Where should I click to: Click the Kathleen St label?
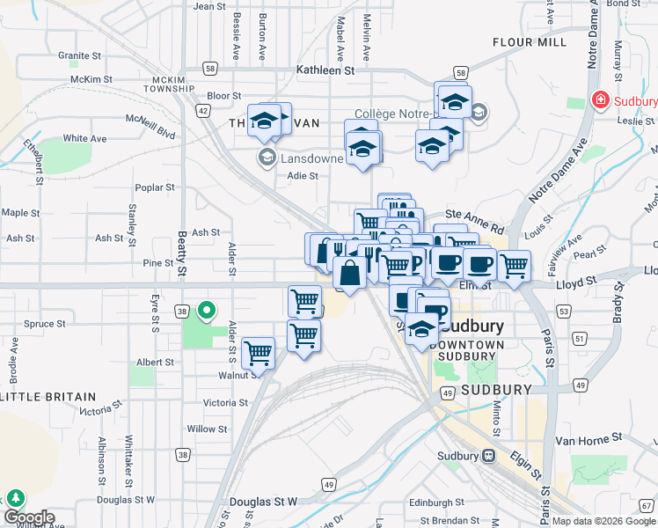[x=325, y=70]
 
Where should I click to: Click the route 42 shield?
[x=203, y=111]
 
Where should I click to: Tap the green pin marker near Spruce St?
[x=208, y=310]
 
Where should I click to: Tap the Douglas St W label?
[x=263, y=501]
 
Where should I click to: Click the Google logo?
[x=28, y=518]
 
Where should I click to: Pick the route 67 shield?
[x=647, y=505]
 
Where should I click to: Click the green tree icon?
[x=15, y=497]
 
